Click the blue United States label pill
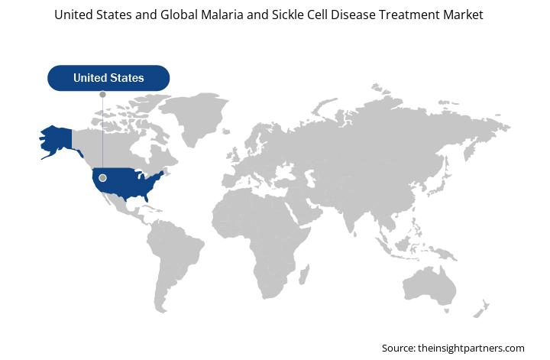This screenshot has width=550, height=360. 108,78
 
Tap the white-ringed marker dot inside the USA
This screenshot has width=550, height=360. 103,178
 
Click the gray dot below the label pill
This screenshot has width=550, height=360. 103,95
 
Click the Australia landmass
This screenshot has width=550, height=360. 429,286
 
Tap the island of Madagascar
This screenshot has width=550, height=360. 304,274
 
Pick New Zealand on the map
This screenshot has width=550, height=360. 480,309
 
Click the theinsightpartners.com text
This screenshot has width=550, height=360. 471,348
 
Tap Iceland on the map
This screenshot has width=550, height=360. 226,131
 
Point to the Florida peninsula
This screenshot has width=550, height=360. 146,197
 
